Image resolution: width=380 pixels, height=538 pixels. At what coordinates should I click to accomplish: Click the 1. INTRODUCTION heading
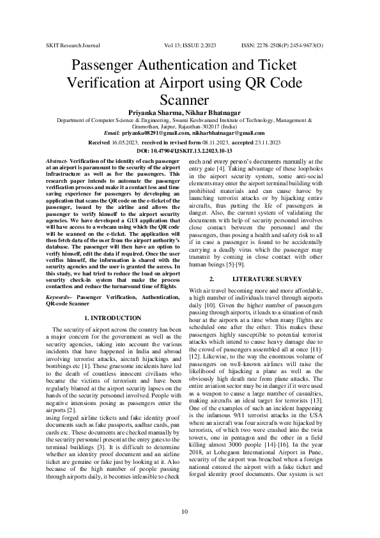(112, 318)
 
